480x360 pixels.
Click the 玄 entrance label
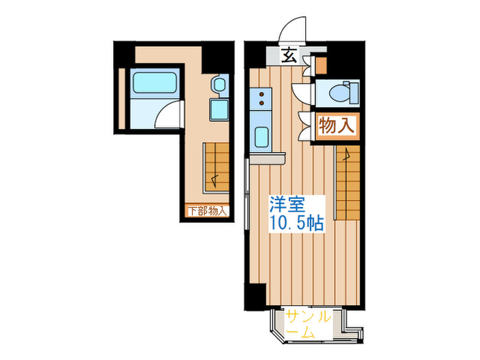[x=288, y=57]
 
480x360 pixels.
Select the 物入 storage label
[x=337, y=126]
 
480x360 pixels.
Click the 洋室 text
[x=287, y=205]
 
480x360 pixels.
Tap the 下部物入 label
[x=207, y=211]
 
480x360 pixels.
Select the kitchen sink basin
[x=262, y=136]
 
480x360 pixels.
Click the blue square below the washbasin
[x=219, y=109]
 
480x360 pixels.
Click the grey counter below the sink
[x=267, y=158]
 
